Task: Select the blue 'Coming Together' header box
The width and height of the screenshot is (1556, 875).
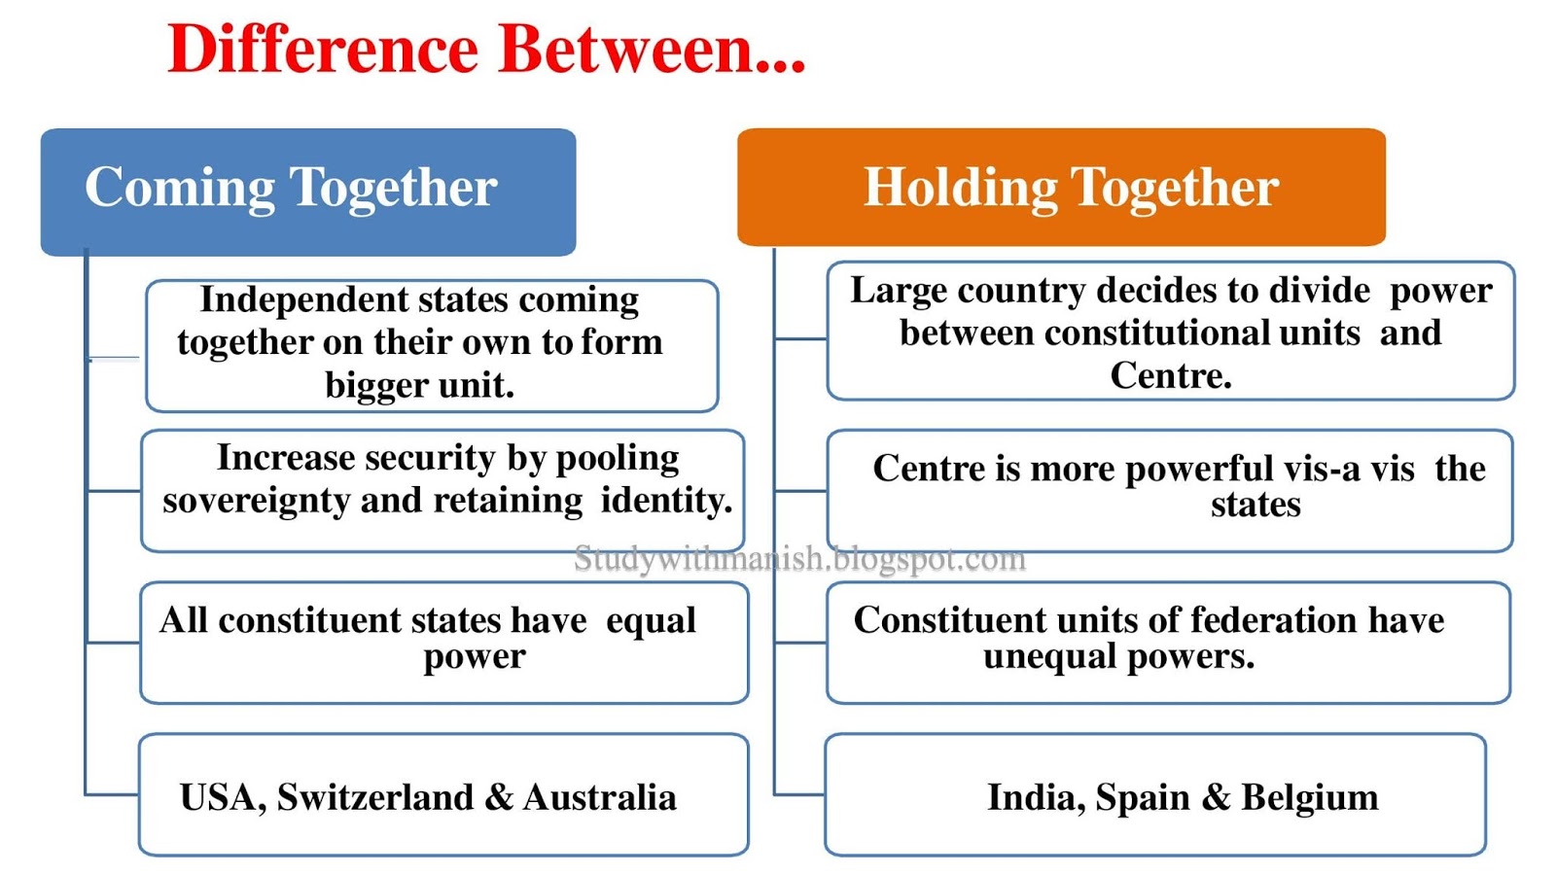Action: [x=307, y=191]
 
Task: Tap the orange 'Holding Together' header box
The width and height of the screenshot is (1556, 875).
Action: [x=1061, y=187]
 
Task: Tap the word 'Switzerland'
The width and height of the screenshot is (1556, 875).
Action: [x=374, y=797]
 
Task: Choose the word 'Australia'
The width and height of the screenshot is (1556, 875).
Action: [x=600, y=797]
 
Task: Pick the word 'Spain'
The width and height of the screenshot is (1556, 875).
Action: [x=1142, y=797]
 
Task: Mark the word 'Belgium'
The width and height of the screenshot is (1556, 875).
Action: [x=1309, y=797]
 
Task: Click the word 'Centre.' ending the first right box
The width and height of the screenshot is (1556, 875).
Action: [x=1171, y=375]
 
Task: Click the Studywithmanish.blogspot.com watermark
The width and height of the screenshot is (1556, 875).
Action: [x=799, y=558]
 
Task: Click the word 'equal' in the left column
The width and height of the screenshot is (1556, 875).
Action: [x=650, y=620]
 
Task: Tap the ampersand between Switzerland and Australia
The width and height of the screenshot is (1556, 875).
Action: [x=498, y=797]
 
